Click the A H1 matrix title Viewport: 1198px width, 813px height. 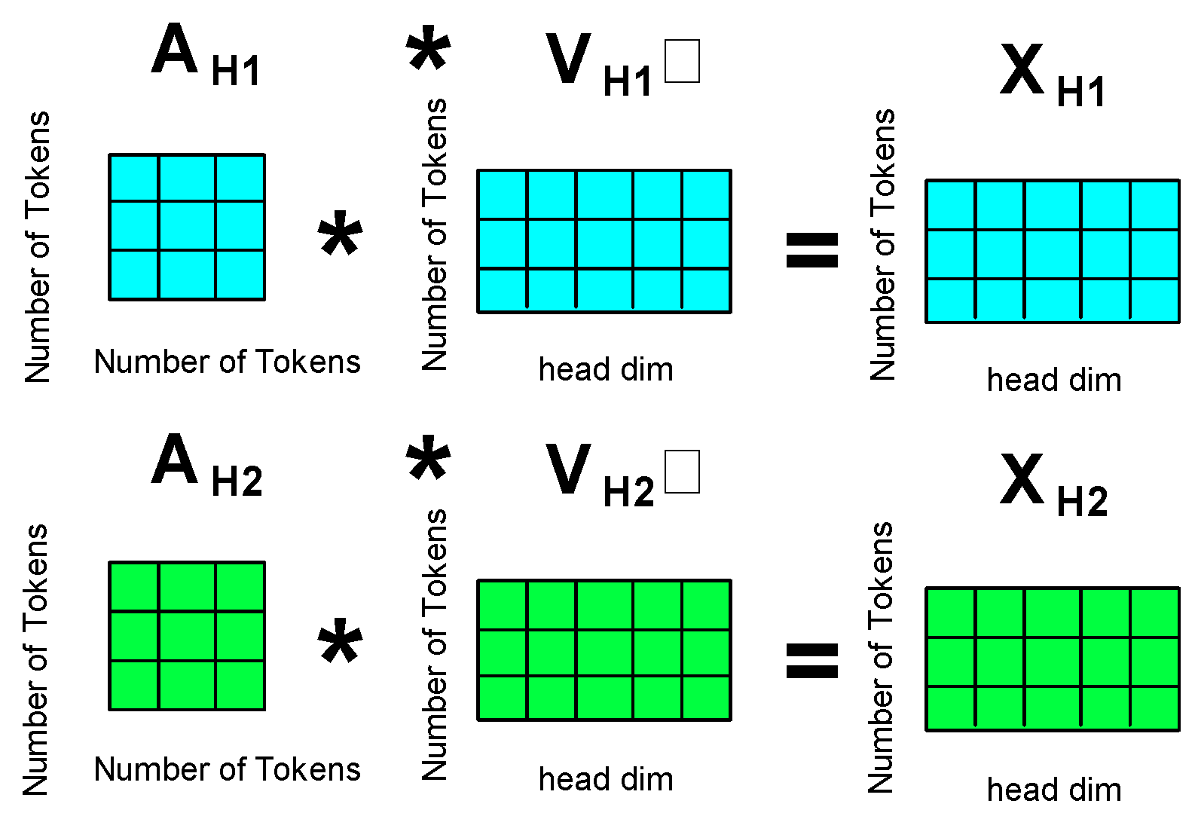click(x=205, y=55)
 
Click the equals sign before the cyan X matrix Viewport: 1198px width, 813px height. click(x=811, y=249)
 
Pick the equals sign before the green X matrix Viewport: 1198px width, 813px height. click(x=811, y=659)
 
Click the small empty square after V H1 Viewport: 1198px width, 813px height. click(x=682, y=61)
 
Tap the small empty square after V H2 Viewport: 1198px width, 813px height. click(x=682, y=472)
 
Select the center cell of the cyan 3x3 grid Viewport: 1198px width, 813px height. click(x=187, y=225)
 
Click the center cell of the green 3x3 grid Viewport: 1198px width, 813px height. click(x=187, y=635)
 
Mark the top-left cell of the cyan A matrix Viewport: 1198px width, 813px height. click(x=133, y=177)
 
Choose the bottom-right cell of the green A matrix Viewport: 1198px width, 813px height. click(x=240, y=685)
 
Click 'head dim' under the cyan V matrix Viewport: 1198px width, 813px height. click(x=606, y=370)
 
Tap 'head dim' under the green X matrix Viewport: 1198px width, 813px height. click(x=1053, y=790)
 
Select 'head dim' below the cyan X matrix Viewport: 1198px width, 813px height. click(x=1053, y=381)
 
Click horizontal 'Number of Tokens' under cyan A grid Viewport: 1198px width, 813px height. click(x=227, y=362)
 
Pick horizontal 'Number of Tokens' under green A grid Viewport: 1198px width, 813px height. click(x=227, y=769)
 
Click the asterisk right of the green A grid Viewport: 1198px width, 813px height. click(x=340, y=642)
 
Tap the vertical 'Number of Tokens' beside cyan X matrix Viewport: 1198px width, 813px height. click(x=883, y=245)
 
